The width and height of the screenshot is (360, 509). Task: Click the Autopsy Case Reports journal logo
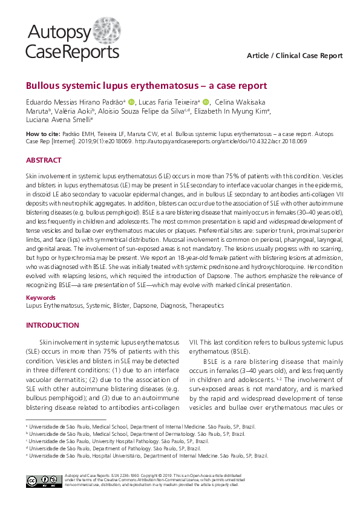point(72,41)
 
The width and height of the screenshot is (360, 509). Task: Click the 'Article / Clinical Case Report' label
point(295,56)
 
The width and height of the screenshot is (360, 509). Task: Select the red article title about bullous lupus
point(146,86)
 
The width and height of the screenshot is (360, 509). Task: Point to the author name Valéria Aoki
point(71,111)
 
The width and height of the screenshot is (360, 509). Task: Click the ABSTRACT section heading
point(43,160)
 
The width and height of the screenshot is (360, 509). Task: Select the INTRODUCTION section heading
point(52,325)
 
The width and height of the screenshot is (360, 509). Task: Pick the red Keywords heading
point(41,297)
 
